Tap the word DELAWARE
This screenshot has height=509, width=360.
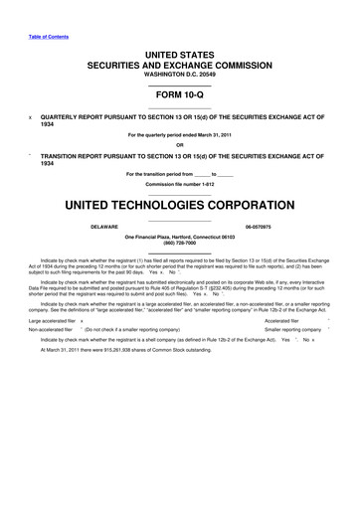click(78, 228)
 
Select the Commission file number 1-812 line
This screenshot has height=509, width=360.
click(179, 184)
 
